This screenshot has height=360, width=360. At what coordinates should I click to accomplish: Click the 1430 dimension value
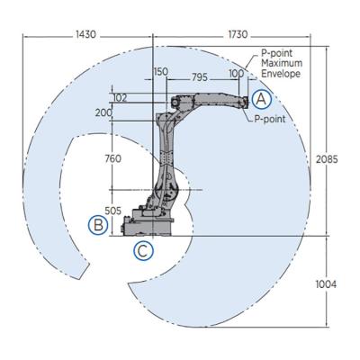85,34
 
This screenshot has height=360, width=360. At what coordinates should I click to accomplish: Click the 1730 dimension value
238,34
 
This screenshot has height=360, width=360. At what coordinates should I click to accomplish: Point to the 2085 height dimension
327,159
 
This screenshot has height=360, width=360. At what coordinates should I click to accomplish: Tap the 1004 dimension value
326,283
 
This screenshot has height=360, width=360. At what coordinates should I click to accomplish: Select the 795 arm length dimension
200,77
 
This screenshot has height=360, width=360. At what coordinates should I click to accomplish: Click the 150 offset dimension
161,72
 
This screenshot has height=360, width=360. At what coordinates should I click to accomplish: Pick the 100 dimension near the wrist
237,74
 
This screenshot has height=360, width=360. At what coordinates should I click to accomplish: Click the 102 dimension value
120,98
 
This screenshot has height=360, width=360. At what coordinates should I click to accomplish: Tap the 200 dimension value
103,112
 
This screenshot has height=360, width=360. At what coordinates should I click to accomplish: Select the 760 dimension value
113,158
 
